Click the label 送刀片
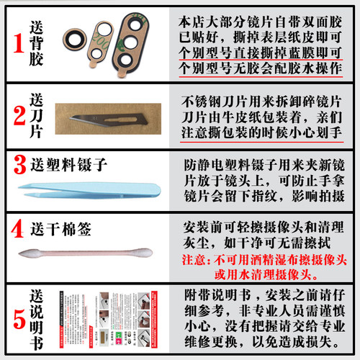pos(37,114)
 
